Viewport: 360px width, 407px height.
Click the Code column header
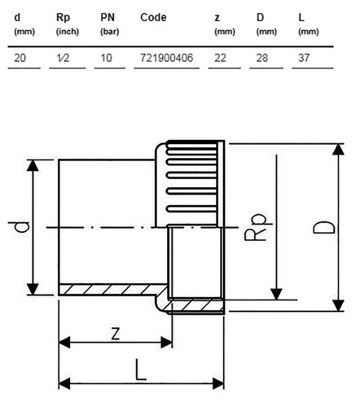153,18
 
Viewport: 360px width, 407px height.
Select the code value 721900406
166,58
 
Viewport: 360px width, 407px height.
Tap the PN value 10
106,58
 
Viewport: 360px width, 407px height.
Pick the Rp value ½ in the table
63,58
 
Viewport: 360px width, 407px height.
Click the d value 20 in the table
20,58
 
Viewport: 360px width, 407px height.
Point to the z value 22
220,58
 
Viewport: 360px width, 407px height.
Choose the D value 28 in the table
262,58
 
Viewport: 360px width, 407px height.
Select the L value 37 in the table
304,58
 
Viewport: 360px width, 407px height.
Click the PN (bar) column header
110,24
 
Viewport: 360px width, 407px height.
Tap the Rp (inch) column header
68,24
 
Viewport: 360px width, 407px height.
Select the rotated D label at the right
324,227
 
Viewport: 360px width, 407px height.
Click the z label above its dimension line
116,334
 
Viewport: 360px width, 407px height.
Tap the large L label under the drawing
141,370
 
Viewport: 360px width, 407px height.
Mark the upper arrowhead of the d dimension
33,165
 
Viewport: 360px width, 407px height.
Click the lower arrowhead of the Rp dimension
276,295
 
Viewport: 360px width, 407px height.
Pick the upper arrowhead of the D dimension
338,149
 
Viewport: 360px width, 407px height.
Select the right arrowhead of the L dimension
218,383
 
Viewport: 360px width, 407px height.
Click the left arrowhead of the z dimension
64,343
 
